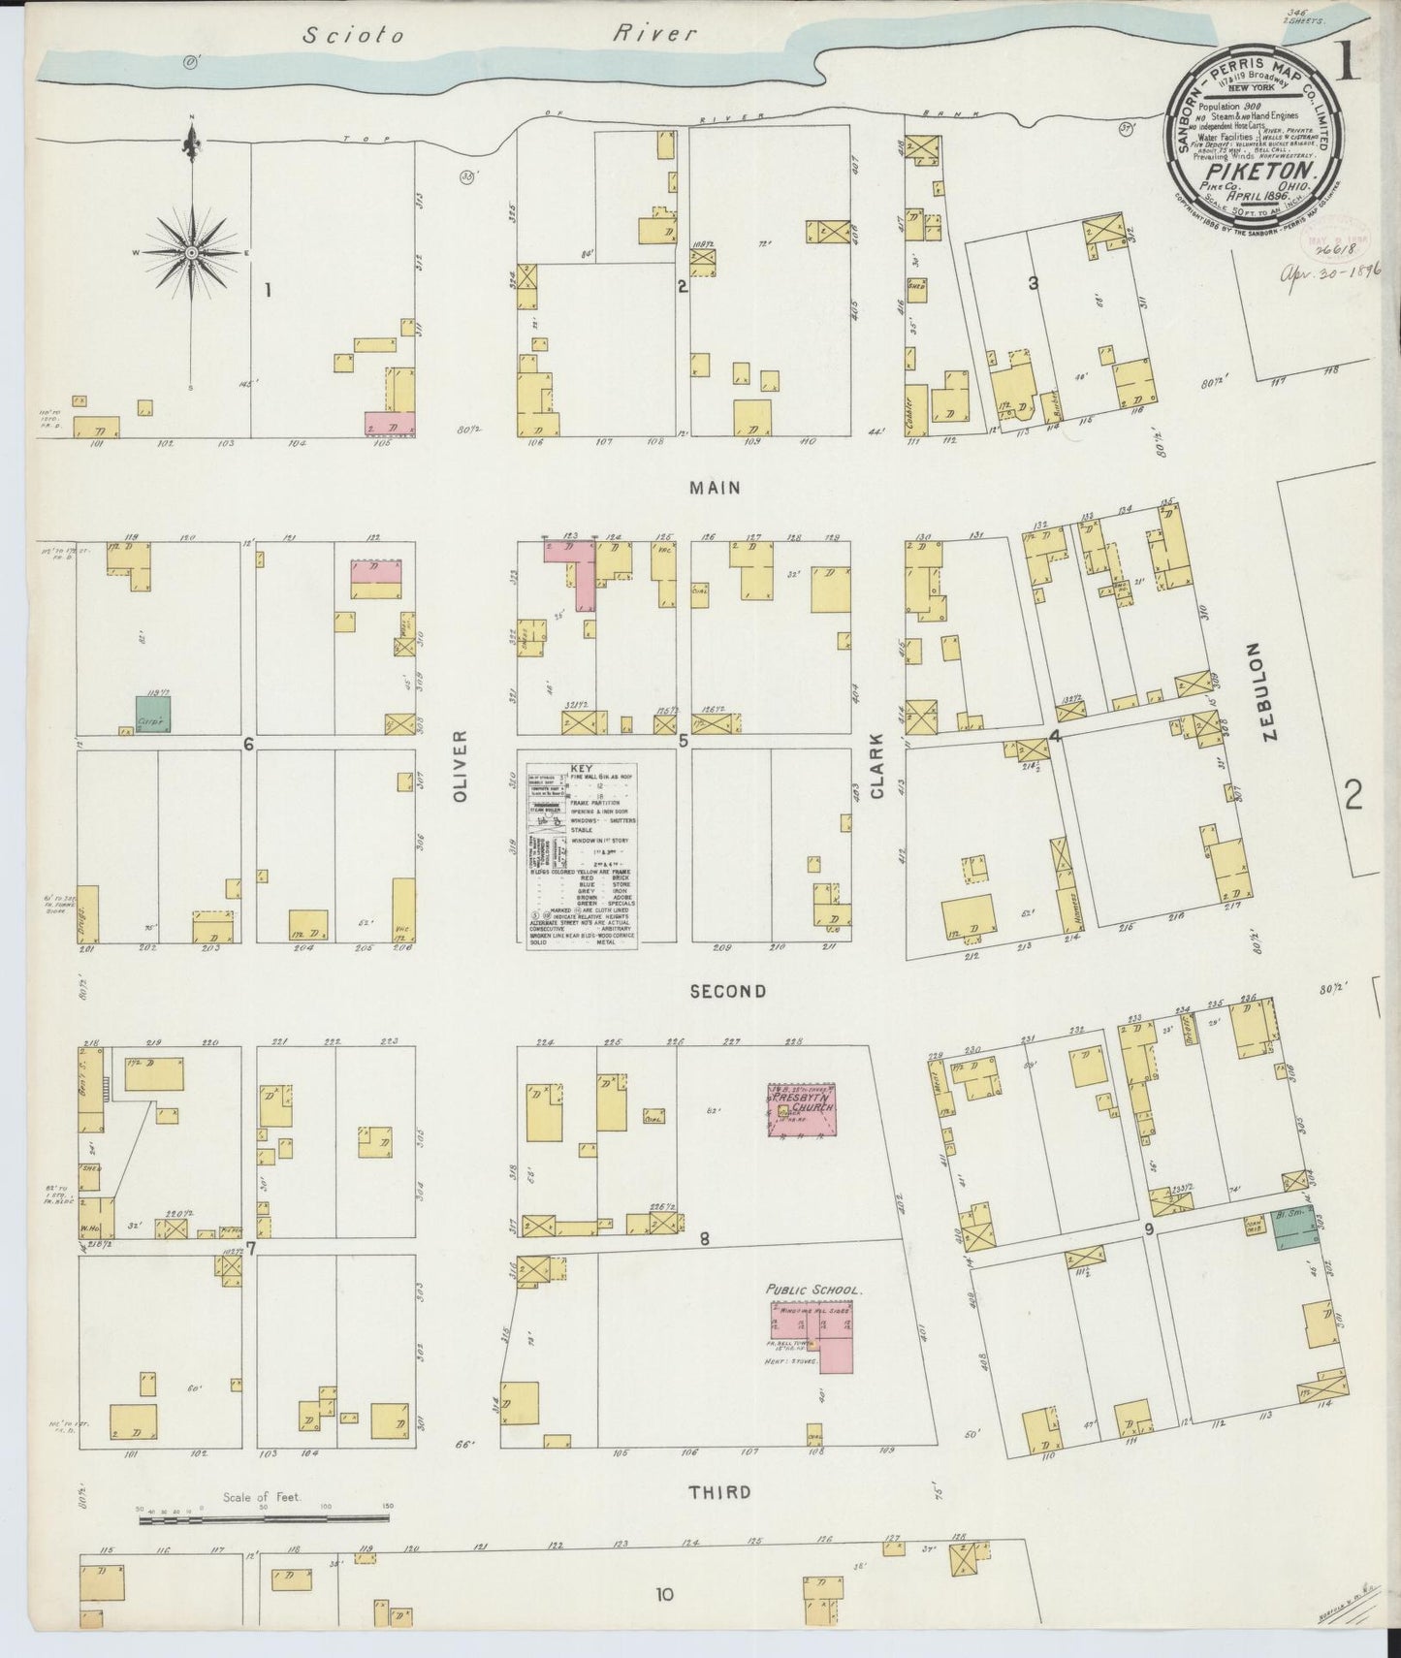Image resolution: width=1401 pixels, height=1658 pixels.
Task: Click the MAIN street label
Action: (x=715, y=488)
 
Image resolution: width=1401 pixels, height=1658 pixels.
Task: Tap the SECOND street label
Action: (x=728, y=991)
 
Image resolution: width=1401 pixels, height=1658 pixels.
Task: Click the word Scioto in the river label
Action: (x=339, y=36)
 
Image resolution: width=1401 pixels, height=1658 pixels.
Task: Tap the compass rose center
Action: (x=192, y=252)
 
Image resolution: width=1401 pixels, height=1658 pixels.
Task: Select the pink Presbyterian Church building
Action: (x=801, y=1109)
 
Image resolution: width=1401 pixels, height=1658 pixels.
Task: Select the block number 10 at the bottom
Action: (x=664, y=1594)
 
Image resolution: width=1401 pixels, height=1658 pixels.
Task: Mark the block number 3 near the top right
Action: (x=1034, y=283)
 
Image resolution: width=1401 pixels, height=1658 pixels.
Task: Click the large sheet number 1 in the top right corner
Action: (x=1349, y=63)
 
